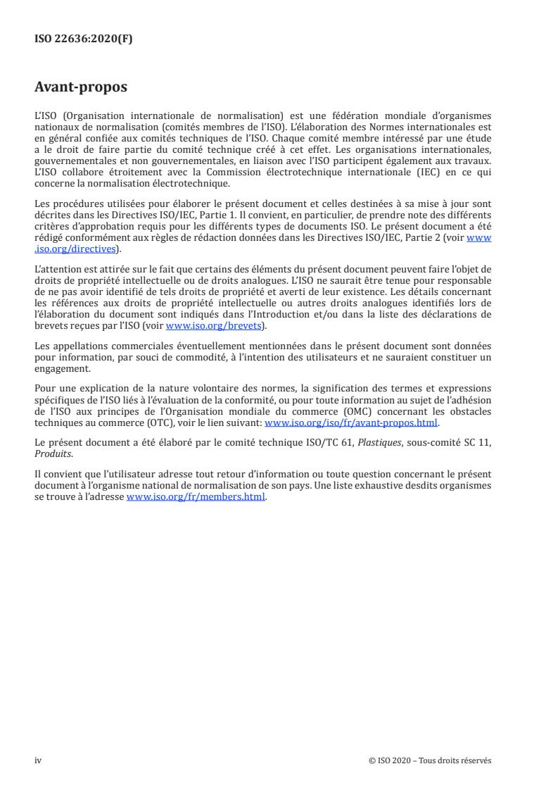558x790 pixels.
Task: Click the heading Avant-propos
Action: pos(81,88)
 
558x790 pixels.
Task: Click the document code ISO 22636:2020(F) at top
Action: pos(83,39)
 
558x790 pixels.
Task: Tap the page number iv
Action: pos(38,760)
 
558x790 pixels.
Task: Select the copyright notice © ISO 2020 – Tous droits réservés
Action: pos(430,760)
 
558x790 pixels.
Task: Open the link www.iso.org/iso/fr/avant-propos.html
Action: pos(350,423)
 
